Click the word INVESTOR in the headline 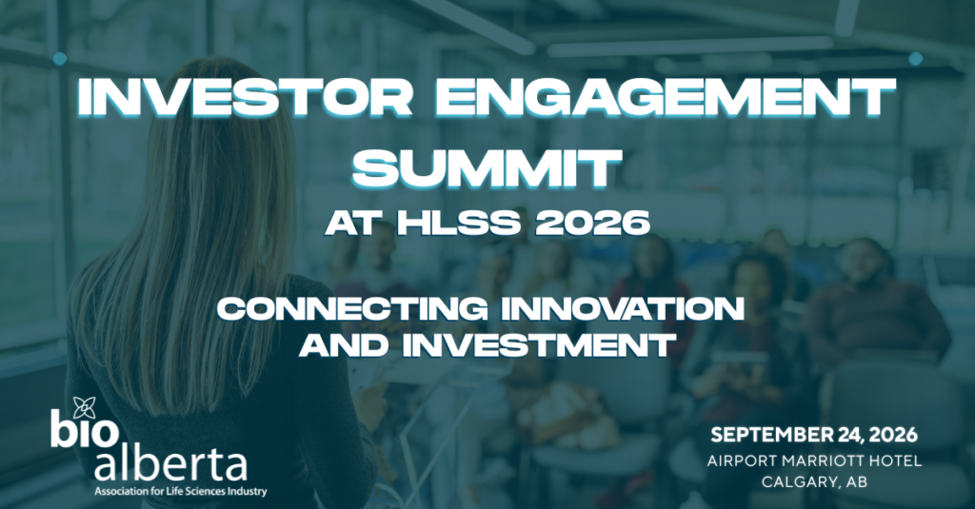[245, 98]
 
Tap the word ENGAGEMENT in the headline [665, 98]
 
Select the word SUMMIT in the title [487, 167]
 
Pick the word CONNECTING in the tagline [352, 308]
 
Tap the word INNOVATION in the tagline [623, 308]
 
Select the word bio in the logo [85, 430]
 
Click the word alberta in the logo [171, 464]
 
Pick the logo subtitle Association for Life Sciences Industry [180, 492]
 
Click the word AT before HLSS [352, 224]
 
